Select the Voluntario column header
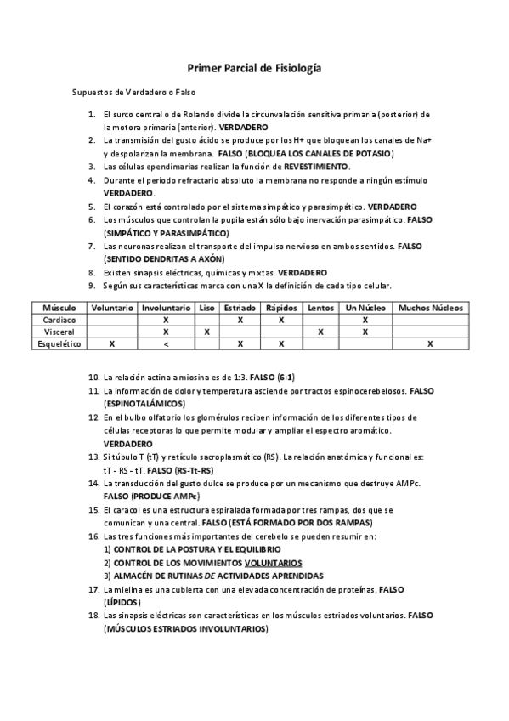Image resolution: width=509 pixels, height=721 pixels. click(x=111, y=307)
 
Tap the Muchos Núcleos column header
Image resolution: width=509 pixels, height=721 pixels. click(x=430, y=307)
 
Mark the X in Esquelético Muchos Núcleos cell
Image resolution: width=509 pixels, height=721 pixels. click(x=430, y=344)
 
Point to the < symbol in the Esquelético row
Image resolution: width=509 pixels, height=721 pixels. click(x=166, y=344)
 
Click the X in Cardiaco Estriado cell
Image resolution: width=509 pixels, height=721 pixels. click(x=240, y=320)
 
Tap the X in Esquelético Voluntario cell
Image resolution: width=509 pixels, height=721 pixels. click(x=111, y=344)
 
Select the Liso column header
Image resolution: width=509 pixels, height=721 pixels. click(x=206, y=307)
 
